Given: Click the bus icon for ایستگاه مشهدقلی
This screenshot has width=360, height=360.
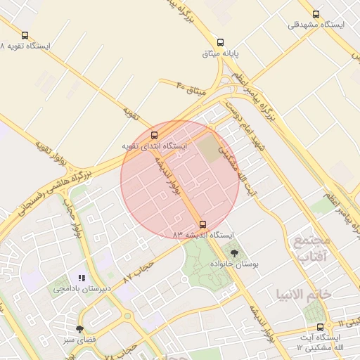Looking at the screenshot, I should coord(316,14).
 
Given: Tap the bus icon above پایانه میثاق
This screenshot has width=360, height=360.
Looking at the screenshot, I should coord(221,42).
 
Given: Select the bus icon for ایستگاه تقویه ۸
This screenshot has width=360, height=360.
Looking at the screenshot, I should coord(25,35).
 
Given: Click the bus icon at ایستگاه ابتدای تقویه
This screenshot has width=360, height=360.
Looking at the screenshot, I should coord(155,135).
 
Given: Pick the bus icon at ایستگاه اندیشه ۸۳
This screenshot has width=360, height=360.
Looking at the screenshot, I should coord(203,224).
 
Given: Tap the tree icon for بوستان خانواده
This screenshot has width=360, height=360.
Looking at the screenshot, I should coord(234,252).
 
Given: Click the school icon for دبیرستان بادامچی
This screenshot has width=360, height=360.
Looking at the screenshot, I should coord(82,278).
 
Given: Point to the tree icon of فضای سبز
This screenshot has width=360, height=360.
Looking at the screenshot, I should coord(79,329).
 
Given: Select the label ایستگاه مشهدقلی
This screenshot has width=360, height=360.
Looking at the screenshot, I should coord(316,25).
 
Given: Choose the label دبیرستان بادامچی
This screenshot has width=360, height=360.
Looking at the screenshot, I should coord(83,289).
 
